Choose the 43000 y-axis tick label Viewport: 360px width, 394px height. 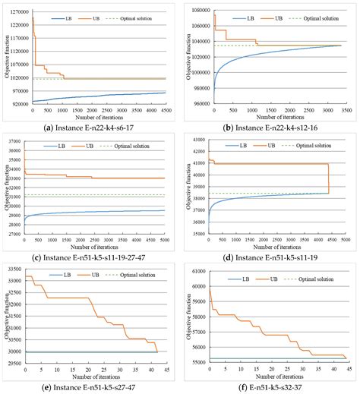pyautogui.click(x=197, y=138)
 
